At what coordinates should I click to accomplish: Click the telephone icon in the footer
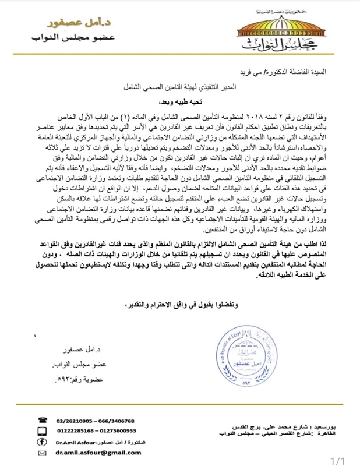pyautogui.click(x=42, y=419)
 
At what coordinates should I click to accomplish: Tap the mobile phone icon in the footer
pyautogui.click(x=42, y=431)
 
